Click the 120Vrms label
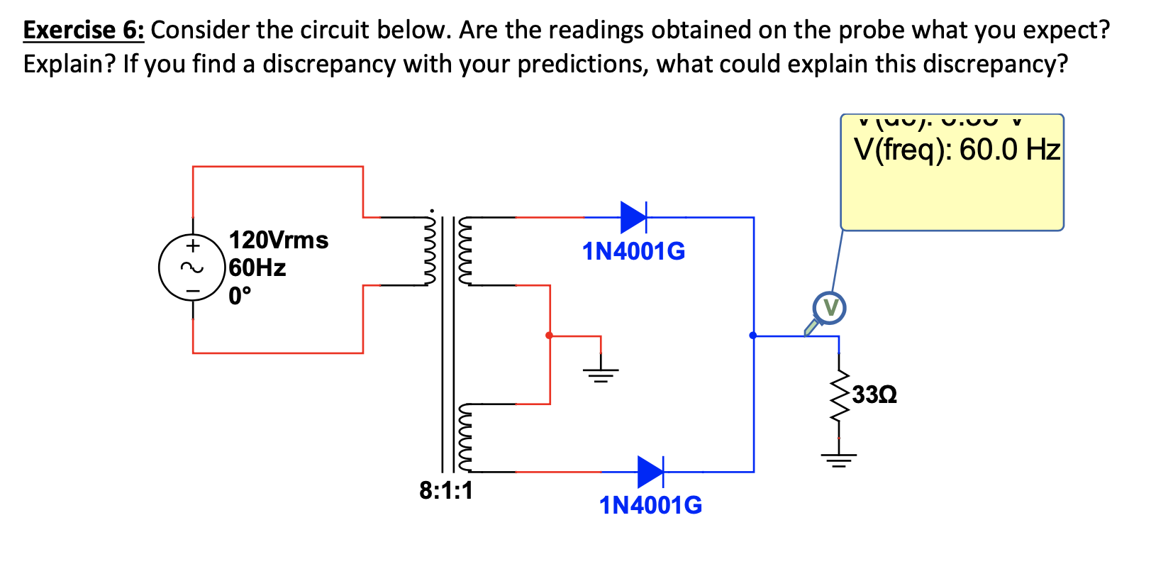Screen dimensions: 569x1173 [x=278, y=240]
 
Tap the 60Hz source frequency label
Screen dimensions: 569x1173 [x=257, y=267]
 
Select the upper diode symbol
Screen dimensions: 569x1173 [x=633, y=217]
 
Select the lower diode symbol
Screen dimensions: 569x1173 [x=650, y=472]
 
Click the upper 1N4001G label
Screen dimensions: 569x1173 [x=633, y=251]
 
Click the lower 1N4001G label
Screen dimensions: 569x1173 [x=650, y=505]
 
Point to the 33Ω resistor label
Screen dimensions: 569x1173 [x=874, y=394]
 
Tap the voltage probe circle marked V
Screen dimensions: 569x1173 [x=829, y=308]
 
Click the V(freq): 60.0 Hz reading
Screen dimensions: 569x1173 [x=957, y=150]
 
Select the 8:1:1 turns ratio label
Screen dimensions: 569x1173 [x=445, y=490]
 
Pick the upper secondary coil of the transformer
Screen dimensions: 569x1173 [x=465, y=250]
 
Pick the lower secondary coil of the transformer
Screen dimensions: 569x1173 [x=465, y=438]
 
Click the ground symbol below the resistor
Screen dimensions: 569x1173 [x=839, y=459]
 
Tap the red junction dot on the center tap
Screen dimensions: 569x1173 [x=549, y=335]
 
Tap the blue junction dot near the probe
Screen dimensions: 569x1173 [x=752, y=335]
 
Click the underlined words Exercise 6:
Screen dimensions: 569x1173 [x=84, y=30]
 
